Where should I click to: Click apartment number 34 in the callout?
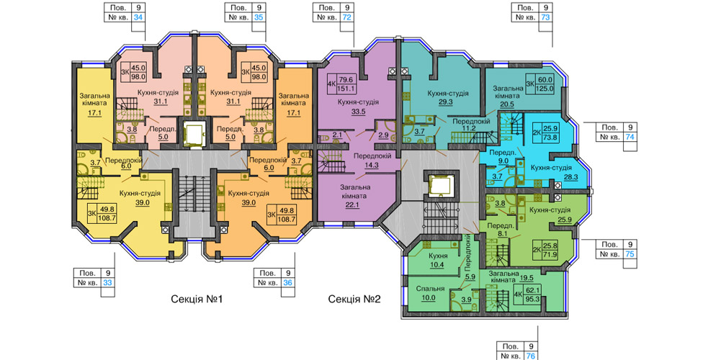138,18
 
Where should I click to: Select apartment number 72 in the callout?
347,18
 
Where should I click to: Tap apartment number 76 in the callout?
532,356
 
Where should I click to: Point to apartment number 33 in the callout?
107,283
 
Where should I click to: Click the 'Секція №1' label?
197,299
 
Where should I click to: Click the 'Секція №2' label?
354,299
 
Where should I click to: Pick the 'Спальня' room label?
430,289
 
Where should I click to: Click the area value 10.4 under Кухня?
436,264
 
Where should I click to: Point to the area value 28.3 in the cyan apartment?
570,177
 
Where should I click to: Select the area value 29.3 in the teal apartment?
447,102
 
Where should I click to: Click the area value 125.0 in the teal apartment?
545,89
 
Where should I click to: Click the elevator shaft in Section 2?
439,186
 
